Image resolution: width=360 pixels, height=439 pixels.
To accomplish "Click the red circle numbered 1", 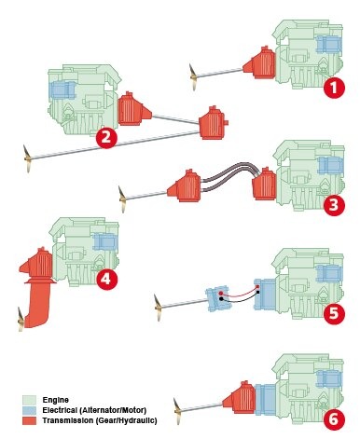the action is click(x=334, y=88).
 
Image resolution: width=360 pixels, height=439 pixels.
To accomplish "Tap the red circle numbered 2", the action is click(x=106, y=138).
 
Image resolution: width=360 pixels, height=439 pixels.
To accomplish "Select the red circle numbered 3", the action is click(x=334, y=205).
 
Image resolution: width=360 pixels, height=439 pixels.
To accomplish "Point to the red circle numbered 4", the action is click(x=106, y=280).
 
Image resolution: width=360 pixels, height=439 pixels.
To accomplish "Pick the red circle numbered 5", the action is click(x=334, y=314).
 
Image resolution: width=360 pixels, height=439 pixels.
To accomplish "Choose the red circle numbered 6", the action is click(x=334, y=420).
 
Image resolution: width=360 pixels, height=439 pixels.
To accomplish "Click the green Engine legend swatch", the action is click(x=29, y=400).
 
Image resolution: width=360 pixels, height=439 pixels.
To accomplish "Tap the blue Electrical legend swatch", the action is click(x=29, y=410).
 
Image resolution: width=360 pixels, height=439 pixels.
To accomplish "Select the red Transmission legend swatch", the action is click(x=29, y=420).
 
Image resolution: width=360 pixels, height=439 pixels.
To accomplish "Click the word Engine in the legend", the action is click(x=56, y=400).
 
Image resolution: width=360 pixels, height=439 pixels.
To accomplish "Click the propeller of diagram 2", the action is click(x=27, y=158).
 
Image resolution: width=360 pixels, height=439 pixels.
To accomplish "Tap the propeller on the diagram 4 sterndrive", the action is click(x=21, y=320).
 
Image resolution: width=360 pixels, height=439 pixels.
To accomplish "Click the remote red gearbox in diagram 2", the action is click(x=214, y=123).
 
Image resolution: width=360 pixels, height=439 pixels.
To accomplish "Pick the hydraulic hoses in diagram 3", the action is click(x=230, y=176).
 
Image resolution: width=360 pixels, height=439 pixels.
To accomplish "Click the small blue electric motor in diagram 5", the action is click(x=218, y=299).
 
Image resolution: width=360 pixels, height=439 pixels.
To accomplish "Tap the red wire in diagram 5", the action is click(x=240, y=293).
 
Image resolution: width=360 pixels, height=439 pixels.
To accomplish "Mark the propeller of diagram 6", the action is click(x=177, y=411).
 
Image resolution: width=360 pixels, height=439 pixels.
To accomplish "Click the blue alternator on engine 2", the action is click(x=63, y=90).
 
